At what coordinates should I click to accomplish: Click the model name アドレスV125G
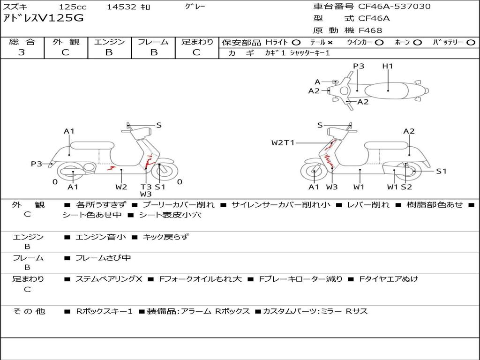(45, 19)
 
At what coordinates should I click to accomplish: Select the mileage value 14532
(121, 7)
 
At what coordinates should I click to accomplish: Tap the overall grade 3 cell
(22, 52)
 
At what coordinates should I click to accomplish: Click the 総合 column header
(22, 42)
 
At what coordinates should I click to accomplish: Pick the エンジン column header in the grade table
(109, 42)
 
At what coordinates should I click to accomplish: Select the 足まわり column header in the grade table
(197, 42)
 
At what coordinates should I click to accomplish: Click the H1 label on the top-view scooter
(387, 66)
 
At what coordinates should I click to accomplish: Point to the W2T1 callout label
(283, 142)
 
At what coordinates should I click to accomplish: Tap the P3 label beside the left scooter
(37, 164)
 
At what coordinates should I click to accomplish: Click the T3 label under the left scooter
(146, 187)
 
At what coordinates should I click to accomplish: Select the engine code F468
(370, 30)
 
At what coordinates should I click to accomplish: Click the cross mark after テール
(330, 42)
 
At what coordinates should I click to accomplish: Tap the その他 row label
(29, 311)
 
